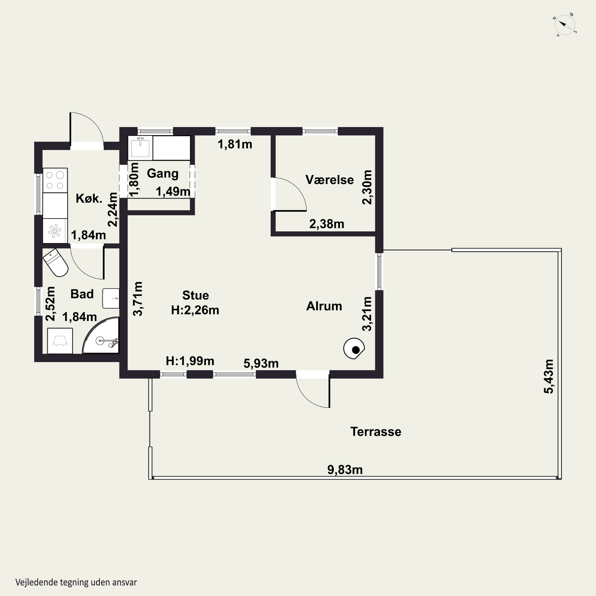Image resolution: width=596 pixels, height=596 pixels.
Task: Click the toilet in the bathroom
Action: pyautogui.click(x=56, y=262)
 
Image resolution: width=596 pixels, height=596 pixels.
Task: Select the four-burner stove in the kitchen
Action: pyautogui.click(x=55, y=180)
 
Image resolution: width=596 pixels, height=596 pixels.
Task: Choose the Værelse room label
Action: pyautogui.click(x=329, y=180)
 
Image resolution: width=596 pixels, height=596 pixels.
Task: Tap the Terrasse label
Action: pyautogui.click(x=376, y=432)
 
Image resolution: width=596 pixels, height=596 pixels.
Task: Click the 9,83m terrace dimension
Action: pyautogui.click(x=345, y=469)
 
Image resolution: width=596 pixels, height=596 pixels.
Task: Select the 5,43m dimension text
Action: pyautogui.click(x=549, y=376)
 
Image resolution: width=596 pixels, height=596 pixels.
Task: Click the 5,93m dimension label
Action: pyautogui.click(x=261, y=363)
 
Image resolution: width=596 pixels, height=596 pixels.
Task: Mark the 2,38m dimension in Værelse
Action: pyautogui.click(x=327, y=224)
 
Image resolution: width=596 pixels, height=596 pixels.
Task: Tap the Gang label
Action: pyautogui.click(x=163, y=173)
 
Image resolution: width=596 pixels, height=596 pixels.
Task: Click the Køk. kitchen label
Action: pyautogui.click(x=89, y=198)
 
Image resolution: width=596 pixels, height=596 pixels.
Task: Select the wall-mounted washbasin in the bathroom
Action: pyautogui.click(x=111, y=298)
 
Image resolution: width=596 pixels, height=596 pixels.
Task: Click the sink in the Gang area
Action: pyautogui.click(x=140, y=148)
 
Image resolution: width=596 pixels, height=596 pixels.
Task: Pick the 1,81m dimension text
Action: pyautogui.click(x=235, y=144)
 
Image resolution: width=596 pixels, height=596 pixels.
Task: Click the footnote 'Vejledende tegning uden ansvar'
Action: pyautogui.click(x=76, y=582)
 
